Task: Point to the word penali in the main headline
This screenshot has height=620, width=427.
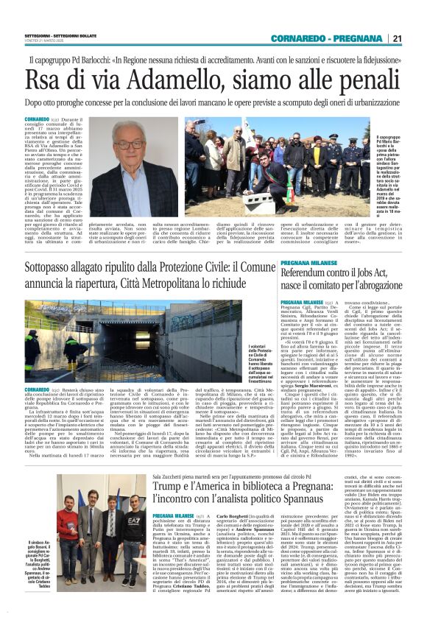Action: tap(354, 77)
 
